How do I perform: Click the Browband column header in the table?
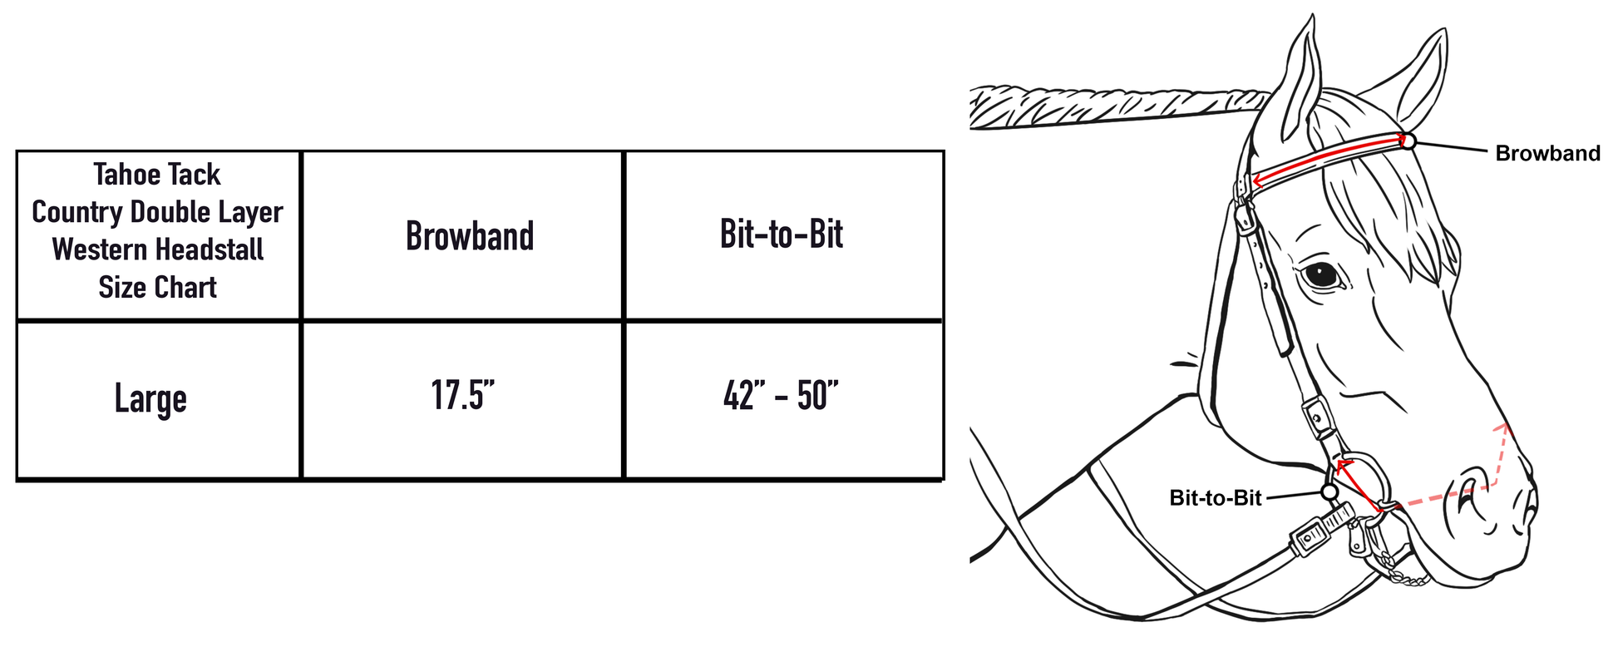click(x=470, y=236)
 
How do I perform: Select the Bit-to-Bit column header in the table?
click(x=781, y=235)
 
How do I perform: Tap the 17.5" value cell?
click(x=462, y=396)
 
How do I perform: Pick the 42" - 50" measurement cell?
click(x=781, y=396)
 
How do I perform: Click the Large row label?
click(x=150, y=399)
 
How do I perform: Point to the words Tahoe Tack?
click(x=157, y=175)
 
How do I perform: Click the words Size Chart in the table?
click(x=157, y=288)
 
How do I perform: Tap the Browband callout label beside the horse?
click(x=1547, y=153)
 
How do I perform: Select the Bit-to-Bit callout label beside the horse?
click(x=1215, y=498)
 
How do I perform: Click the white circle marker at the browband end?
click(x=1408, y=141)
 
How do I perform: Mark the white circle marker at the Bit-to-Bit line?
click(x=1329, y=492)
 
